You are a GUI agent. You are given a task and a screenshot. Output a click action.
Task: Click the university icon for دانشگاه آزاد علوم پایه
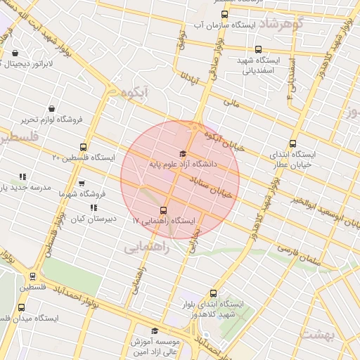183,153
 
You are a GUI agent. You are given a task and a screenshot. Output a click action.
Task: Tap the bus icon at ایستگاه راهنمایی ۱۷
164,210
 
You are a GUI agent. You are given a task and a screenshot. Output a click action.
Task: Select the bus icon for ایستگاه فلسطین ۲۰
84,148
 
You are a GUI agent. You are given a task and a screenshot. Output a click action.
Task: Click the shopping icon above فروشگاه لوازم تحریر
52,108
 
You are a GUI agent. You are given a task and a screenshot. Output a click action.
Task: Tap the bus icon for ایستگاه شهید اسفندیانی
259,49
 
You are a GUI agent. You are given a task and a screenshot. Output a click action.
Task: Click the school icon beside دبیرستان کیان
93,207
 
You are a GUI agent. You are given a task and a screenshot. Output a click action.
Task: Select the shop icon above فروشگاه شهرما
82,183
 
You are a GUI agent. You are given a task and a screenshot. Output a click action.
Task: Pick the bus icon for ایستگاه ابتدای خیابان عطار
292,143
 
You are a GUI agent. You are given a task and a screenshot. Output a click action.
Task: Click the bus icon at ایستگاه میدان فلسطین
20,308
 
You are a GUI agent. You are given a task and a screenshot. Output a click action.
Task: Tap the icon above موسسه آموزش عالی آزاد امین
155,330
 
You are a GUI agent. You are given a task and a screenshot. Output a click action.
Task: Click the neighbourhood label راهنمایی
148,248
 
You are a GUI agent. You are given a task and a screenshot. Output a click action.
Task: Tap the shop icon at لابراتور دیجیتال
15,53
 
